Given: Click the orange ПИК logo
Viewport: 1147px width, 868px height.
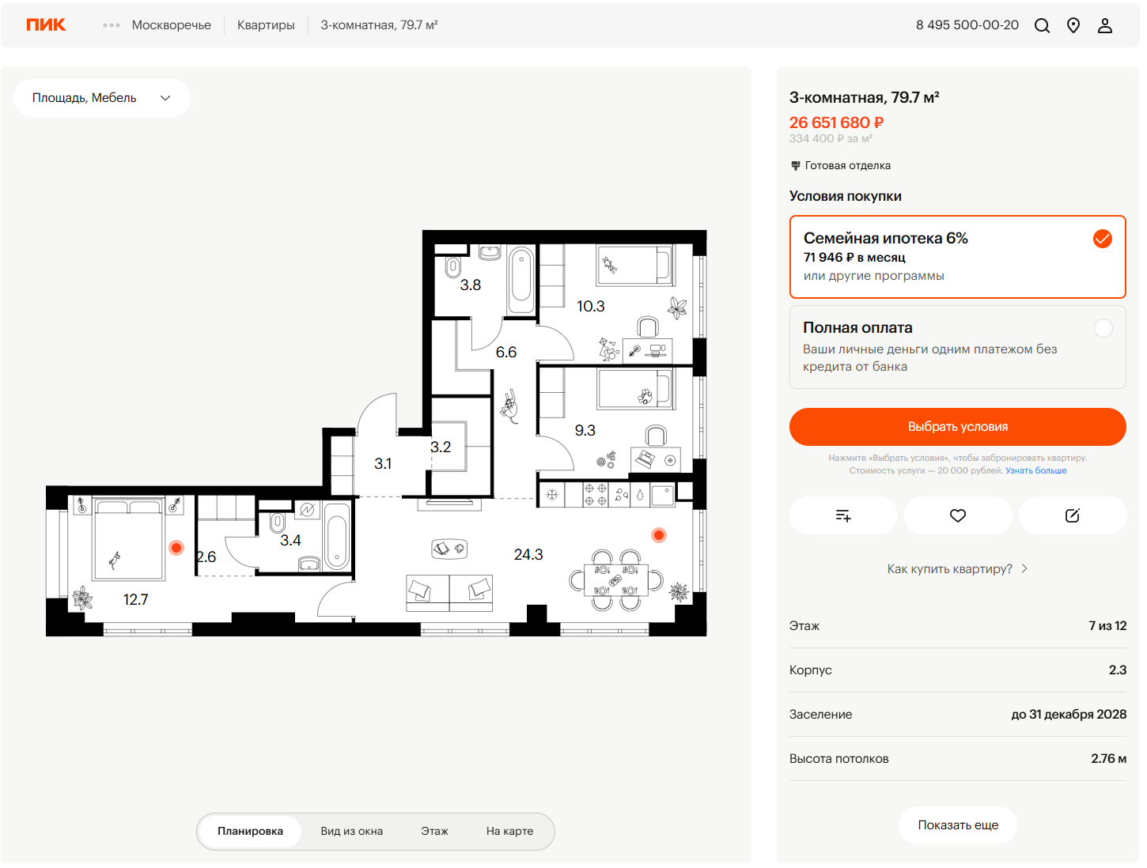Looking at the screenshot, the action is click(46, 25).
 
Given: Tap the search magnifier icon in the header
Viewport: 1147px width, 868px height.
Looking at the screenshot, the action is click(1042, 25).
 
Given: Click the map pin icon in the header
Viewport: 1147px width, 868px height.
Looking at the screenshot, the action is click(1073, 25).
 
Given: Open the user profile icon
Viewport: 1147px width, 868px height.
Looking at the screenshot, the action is click(1104, 25).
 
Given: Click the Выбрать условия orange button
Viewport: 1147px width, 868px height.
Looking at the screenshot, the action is click(957, 427).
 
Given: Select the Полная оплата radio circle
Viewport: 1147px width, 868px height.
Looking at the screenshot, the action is click(1103, 328).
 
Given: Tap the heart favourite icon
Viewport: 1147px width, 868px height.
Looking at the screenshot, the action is click(957, 515).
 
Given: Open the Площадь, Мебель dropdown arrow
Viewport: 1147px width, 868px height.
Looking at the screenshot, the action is click(165, 98).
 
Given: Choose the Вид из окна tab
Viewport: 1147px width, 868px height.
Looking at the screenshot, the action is click(352, 831).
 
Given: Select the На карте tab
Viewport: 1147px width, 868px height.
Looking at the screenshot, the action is click(509, 831).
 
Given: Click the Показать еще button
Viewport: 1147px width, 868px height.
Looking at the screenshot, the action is click(958, 825).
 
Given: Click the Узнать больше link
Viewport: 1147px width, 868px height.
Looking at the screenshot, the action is click(1035, 470).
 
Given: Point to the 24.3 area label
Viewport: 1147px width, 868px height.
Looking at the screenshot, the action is click(528, 554).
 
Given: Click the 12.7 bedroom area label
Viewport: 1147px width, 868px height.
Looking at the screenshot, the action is click(135, 599).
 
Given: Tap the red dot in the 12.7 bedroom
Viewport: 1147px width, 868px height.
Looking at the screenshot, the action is click(176, 547).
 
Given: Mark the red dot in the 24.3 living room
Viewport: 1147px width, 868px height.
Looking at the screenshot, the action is click(659, 535).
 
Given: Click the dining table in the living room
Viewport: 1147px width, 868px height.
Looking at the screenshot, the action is click(616, 579).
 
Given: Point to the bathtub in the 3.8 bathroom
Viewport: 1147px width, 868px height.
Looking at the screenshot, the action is click(521, 281).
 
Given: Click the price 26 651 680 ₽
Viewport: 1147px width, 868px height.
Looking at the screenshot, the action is click(836, 123).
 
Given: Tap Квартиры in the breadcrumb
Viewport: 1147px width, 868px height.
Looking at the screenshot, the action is click(266, 25).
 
